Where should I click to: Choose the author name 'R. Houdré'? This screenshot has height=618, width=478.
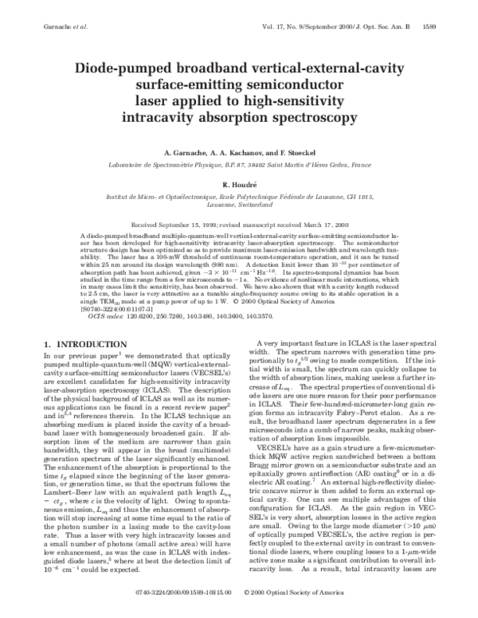[x=240, y=183]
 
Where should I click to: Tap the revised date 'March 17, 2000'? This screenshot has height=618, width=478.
[x=317, y=225]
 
